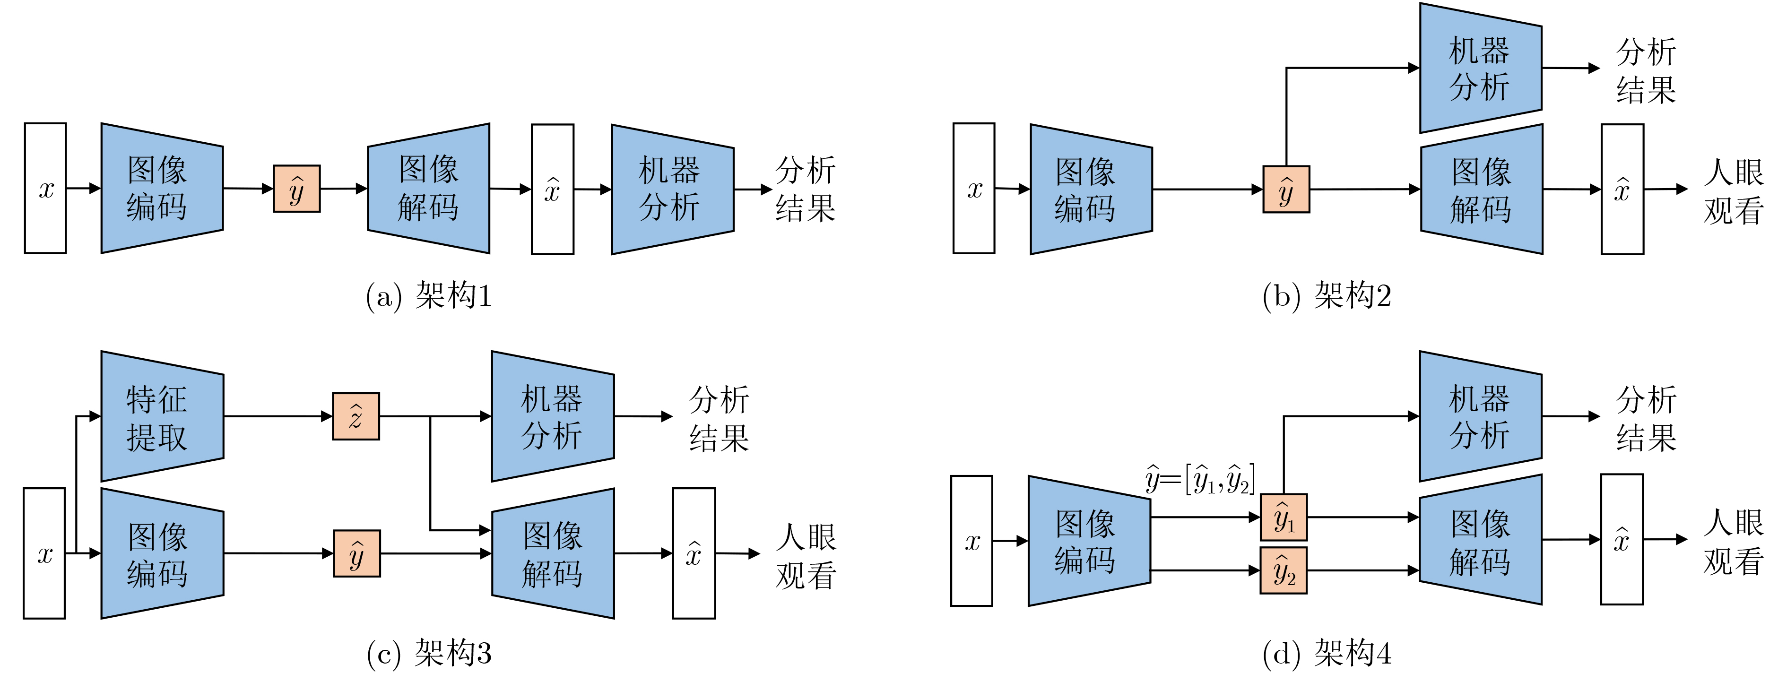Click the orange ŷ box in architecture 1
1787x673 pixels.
[296, 189]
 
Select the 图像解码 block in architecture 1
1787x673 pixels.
[428, 188]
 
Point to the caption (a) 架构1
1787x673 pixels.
[428, 296]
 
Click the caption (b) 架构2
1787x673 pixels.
[1327, 296]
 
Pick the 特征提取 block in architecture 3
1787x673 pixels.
[162, 416]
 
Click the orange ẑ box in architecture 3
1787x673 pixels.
[356, 416]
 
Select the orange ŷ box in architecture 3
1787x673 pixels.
[356, 553]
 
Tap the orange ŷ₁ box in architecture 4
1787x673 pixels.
[1284, 518]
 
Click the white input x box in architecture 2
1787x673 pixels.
[974, 189]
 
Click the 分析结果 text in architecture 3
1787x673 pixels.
[719, 418]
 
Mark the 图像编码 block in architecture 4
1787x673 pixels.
[1089, 541]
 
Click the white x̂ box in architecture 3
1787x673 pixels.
[694, 553]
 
